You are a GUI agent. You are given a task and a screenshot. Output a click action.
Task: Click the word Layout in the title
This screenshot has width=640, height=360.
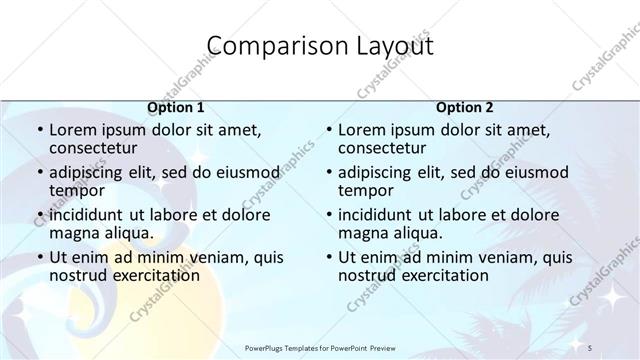[385, 46]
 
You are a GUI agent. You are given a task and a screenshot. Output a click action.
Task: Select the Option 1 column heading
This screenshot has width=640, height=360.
[176, 106]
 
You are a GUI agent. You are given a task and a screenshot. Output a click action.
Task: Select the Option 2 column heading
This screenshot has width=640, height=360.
[465, 106]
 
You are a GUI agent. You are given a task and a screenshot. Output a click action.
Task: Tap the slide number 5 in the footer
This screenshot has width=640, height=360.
[591, 346]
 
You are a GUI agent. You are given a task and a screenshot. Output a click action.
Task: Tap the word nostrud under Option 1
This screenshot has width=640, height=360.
[79, 275]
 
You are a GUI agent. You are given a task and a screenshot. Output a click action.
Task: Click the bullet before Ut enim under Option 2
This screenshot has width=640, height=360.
[328, 257]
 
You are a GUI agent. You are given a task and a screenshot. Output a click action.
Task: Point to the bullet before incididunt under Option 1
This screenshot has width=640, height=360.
[39, 214]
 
